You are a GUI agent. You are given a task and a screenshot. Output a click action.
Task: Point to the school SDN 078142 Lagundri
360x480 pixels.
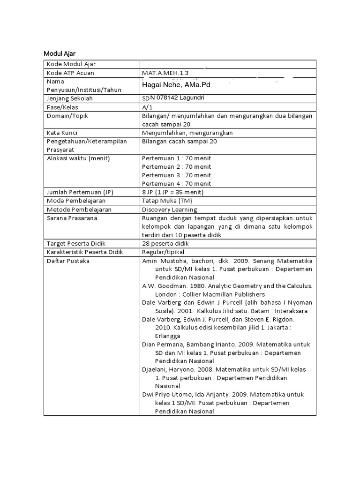coord(173,97)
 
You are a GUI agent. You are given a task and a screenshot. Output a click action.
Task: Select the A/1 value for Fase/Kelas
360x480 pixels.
coord(148,107)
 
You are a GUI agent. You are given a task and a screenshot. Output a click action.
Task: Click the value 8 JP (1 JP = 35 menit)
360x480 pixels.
coord(173,193)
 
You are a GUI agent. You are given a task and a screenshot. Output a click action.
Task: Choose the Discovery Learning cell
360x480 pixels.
coord(169,210)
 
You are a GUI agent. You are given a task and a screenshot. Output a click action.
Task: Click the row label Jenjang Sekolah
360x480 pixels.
coord(69,98)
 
